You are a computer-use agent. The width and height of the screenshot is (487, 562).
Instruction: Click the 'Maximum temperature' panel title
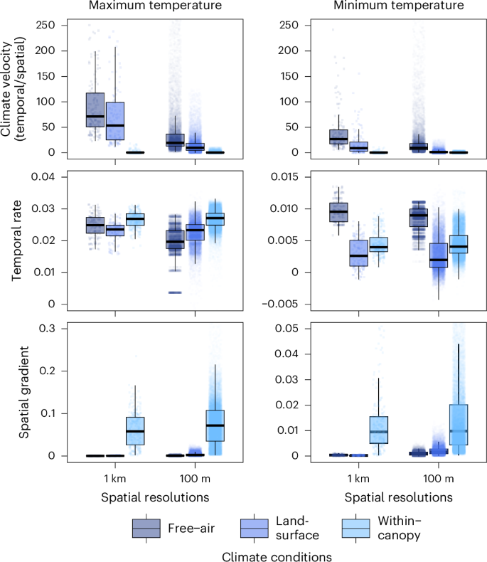[x=144, y=6]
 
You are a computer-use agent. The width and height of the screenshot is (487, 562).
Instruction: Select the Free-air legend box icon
[x=146, y=528]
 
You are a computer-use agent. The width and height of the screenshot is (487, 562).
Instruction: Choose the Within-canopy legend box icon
[x=355, y=528]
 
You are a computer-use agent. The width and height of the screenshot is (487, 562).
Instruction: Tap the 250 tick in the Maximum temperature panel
[x=46, y=25]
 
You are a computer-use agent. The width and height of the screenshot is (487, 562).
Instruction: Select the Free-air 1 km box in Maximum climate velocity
[x=95, y=110]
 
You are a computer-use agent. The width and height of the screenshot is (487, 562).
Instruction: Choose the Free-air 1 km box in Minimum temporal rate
[x=338, y=212]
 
